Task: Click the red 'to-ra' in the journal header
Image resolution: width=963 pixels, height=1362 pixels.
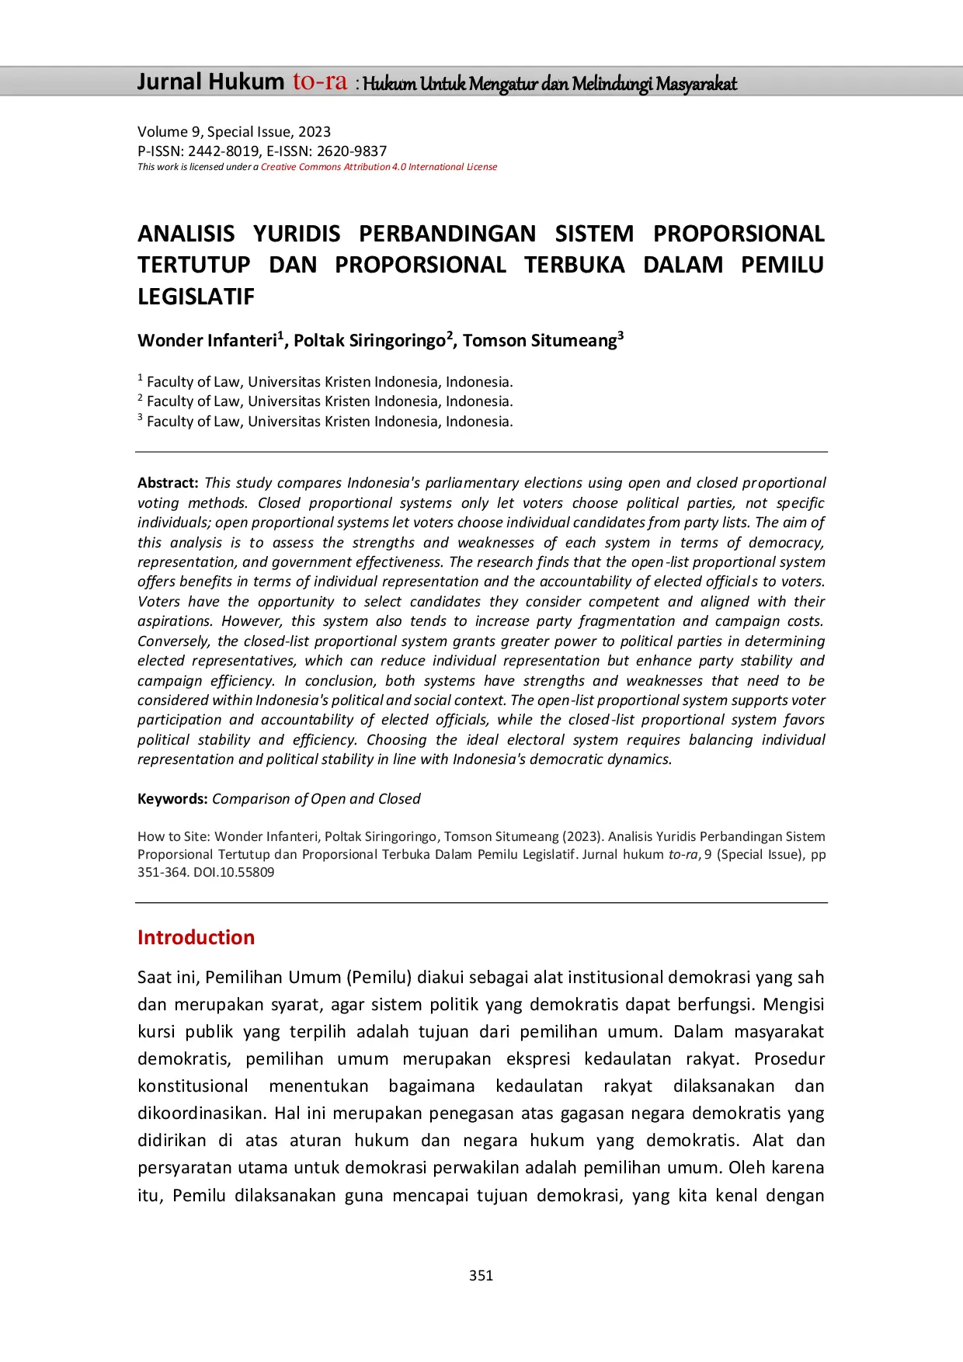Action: tap(319, 82)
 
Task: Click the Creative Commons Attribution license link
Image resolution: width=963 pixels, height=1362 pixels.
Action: tap(379, 167)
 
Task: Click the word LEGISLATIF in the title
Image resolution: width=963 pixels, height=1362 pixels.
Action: tap(196, 297)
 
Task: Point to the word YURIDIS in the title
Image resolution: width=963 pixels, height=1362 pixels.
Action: tap(297, 234)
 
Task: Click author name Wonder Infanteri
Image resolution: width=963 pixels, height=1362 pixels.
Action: tap(207, 341)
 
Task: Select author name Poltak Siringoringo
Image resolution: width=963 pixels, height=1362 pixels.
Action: tap(370, 341)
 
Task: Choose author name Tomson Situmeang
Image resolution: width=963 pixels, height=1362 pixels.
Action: tap(540, 341)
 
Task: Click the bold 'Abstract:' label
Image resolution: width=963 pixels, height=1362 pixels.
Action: tap(168, 483)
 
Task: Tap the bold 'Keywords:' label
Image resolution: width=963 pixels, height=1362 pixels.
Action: tap(172, 799)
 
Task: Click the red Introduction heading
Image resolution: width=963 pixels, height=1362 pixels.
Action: tap(196, 937)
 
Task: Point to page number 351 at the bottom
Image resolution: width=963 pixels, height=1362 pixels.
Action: tap(481, 1275)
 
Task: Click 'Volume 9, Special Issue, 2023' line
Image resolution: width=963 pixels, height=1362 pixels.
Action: tap(234, 132)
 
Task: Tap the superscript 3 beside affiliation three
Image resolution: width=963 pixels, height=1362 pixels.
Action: tap(141, 418)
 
